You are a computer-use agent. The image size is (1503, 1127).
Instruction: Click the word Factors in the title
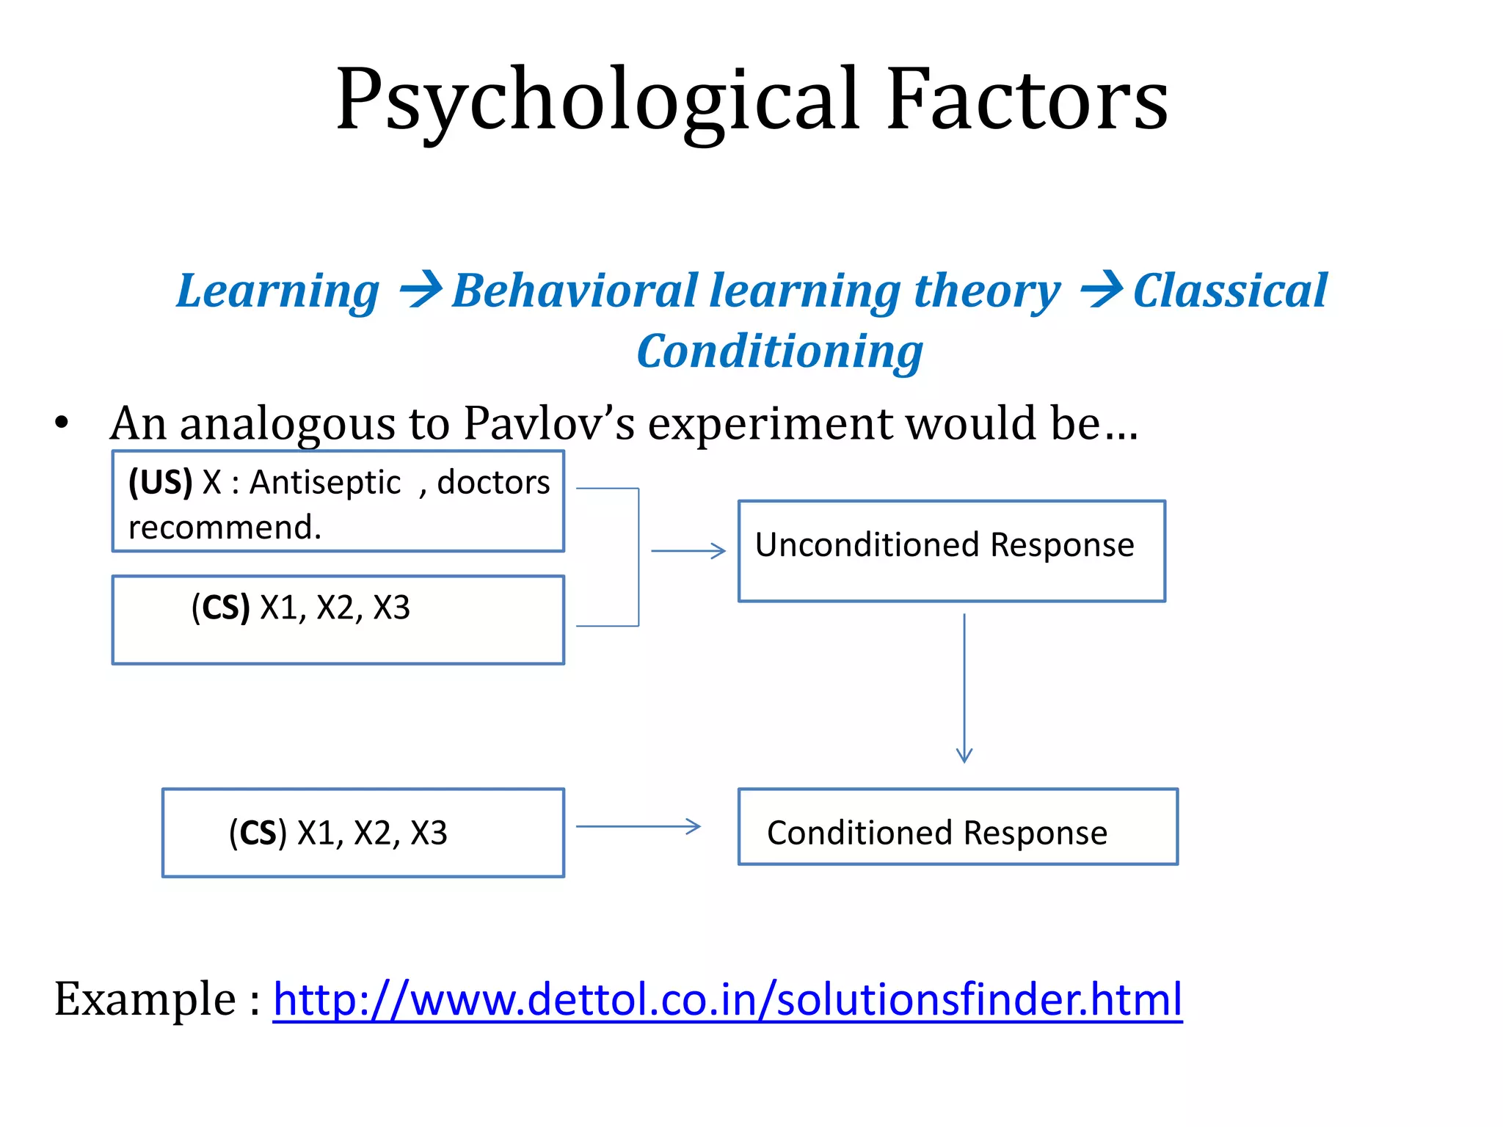[x=1027, y=101]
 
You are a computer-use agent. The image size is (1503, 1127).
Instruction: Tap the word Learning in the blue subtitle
[x=278, y=291]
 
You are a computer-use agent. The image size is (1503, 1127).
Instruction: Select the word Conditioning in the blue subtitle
[x=779, y=351]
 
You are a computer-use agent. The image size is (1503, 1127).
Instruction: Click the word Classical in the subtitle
[x=1230, y=291]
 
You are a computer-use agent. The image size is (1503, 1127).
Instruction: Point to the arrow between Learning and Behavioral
[x=421, y=289]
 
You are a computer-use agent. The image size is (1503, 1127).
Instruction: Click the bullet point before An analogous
[x=62, y=423]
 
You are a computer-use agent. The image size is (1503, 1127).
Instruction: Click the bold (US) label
[x=160, y=482]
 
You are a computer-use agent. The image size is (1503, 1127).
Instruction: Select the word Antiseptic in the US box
[x=325, y=482]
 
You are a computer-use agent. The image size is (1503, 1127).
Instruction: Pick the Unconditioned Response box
[x=951, y=551]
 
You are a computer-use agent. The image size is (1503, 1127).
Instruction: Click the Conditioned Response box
[x=957, y=827]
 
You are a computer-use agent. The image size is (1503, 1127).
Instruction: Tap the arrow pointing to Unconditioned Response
[x=688, y=550]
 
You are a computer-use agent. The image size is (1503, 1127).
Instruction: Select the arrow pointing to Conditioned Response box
[x=638, y=827]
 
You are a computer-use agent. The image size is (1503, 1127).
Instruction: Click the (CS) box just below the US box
[x=338, y=620]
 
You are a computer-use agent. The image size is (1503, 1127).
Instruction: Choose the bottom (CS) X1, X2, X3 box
[x=363, y=833]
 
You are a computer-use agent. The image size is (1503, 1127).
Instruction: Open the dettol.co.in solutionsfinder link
[x=727, y=999]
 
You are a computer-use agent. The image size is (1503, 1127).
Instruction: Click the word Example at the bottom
[x=145, y=999]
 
